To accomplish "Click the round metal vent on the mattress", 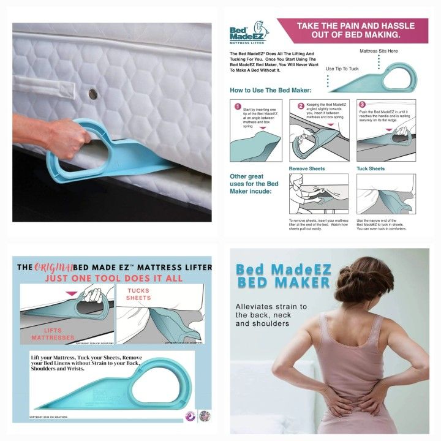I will click(x=92, y=94).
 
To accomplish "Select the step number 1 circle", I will click(x=238, y=106).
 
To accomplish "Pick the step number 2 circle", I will click(x=301, y=106).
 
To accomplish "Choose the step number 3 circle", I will click(x=363, y=105).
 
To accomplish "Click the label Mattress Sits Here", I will click(x=378, y=51).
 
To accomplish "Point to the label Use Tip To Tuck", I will click(x=343, y=69).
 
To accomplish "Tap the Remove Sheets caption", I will click(x=306, y=168).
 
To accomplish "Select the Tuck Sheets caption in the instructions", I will click(x=371, y=168).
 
